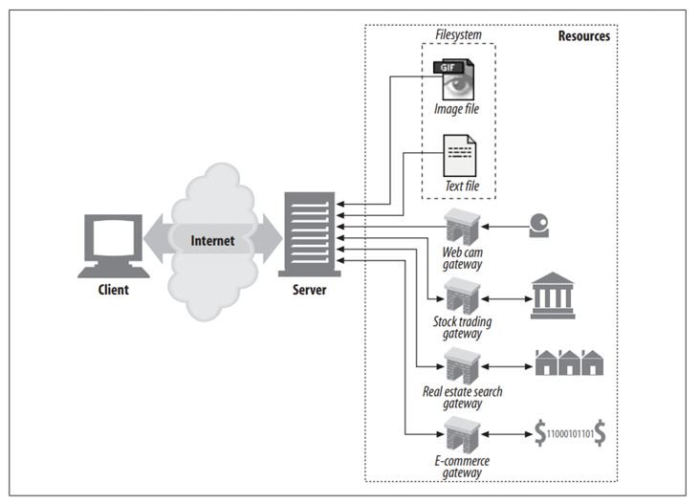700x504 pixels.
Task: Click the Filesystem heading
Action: (458, 35)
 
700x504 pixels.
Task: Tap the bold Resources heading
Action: (583, 35)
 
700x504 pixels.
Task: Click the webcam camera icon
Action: (540, 228)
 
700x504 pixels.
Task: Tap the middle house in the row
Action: (569, 364)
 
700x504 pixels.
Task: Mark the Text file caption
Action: (460, 186)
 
